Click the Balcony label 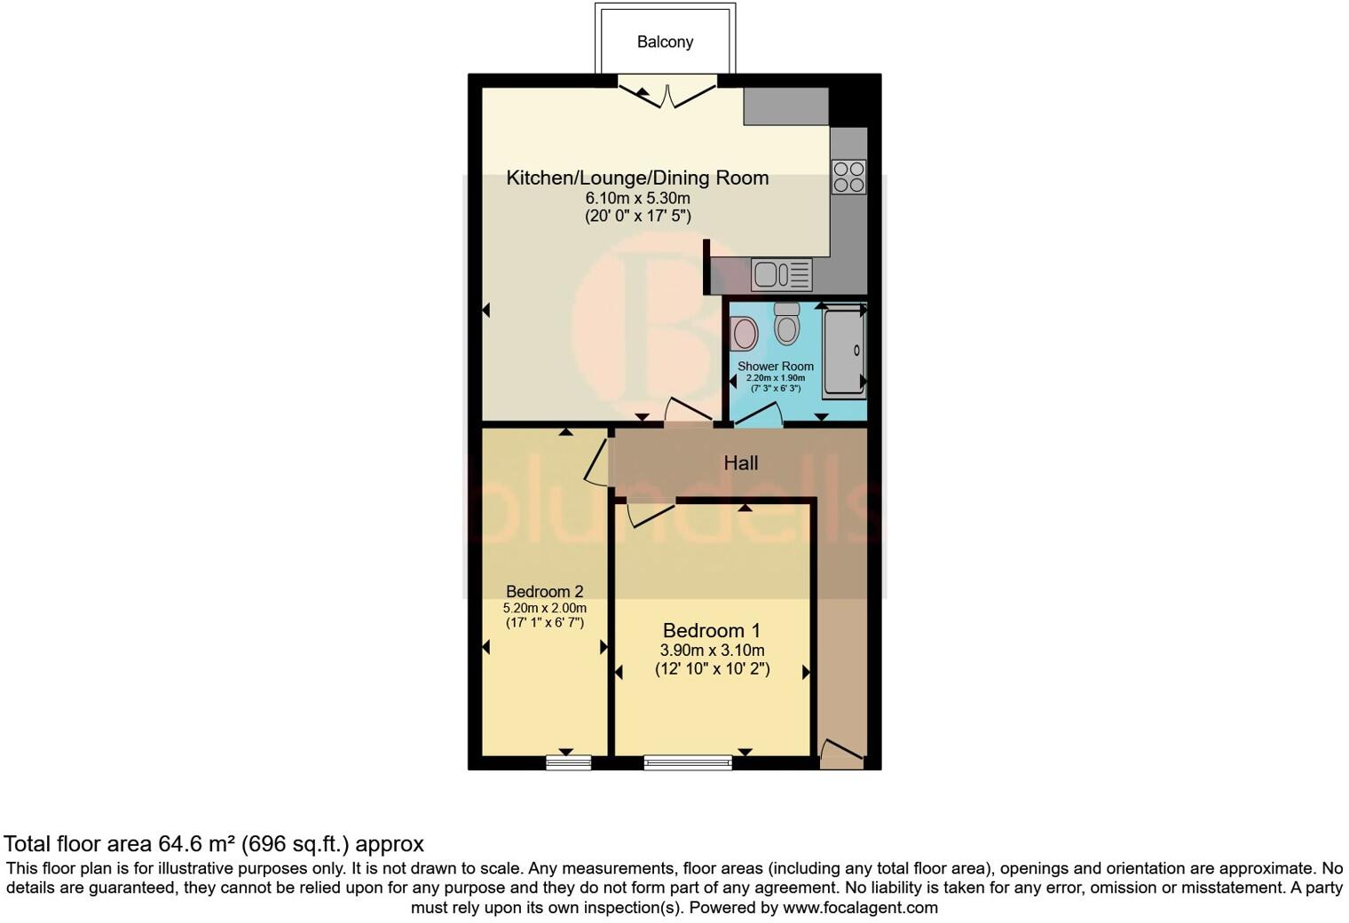point(665,42)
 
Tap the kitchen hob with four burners point(848,176)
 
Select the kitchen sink point(781,274)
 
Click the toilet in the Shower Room point(786,324)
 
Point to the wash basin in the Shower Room point(744,334)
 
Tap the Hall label point(740,462)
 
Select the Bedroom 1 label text point(711,630)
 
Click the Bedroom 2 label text point(544,591)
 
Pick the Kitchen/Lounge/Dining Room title point(637,177)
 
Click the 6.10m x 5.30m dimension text point(637,198)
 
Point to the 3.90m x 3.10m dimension point(711,651)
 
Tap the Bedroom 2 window point(568,761)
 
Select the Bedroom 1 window point(688,761)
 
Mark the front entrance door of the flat point(840,755)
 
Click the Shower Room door point(759,415)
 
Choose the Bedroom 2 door point(596,461)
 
